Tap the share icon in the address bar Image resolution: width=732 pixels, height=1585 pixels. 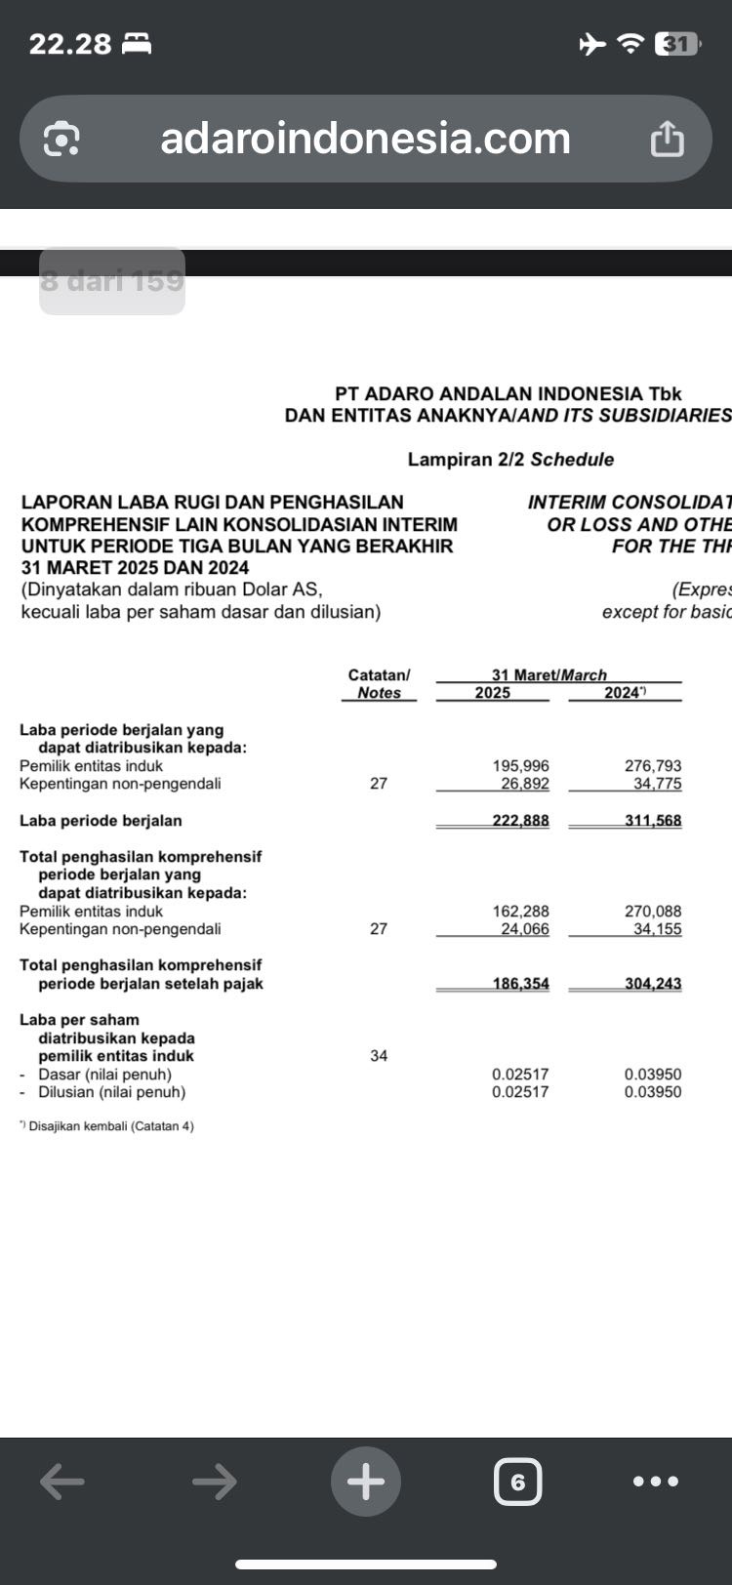click(668, 139)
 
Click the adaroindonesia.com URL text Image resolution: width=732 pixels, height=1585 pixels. click(365, 139)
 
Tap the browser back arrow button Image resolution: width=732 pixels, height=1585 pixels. click(62, 1482)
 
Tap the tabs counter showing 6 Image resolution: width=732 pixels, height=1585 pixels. click(517, 1482)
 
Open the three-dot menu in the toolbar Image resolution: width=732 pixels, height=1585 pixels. click(656, 1482)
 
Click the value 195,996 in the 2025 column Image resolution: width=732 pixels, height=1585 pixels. click(520, 766)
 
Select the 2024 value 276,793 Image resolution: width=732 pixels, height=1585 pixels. click(653, 766)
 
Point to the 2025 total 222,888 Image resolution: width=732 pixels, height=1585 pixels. click(520, 821)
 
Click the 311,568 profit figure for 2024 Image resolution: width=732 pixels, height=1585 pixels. click(653, 821)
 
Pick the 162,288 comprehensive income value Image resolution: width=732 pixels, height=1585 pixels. click(520, 912)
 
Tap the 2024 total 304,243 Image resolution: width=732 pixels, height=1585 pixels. click(653, 984)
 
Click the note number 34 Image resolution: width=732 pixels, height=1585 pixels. click(379, 1055)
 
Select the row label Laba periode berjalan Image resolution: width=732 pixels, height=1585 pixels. click(101, 821)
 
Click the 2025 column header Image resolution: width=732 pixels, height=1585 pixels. click(492, 693)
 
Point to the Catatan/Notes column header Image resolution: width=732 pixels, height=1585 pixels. click(379, 683)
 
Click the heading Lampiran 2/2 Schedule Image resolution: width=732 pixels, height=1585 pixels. click(510, 460)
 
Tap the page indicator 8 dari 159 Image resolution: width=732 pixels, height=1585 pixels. click(112, 281)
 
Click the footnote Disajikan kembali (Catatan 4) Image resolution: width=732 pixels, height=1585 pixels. click(110, 1126)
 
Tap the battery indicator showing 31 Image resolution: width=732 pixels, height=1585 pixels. click(677, 44)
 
